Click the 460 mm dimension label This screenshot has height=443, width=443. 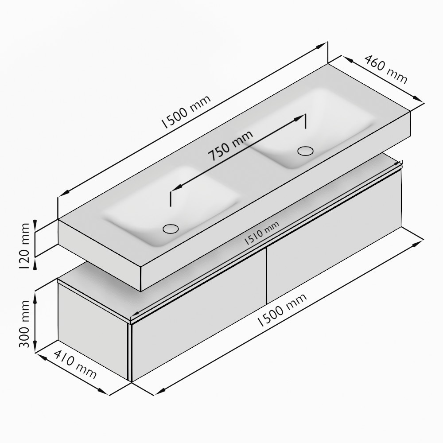point(386,69)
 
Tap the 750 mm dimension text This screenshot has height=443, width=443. point(230,145)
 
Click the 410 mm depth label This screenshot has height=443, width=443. point(75,365)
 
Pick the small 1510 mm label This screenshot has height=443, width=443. point(262,233)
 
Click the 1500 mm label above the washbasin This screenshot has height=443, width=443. point(186,112)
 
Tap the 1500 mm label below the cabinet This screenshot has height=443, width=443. point(282,310)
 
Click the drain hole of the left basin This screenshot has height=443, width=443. point(171,229)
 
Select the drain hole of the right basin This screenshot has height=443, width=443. point(305,151)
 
